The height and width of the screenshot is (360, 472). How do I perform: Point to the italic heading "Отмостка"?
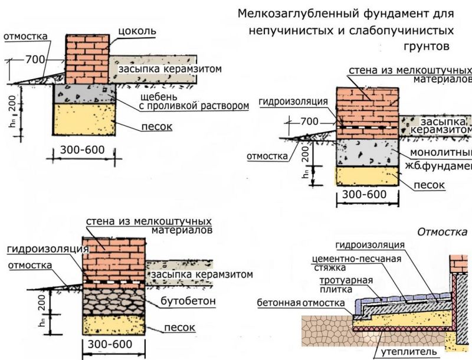(x=442, y=232)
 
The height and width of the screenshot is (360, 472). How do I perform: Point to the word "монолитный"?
(x=440, y=153)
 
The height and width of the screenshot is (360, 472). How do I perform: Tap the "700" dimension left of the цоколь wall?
(x=35, y=60)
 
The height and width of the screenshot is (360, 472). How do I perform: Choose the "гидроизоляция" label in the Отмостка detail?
(x=369, y=245)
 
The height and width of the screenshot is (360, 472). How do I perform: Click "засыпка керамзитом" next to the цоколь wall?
(x=171, y=69)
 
